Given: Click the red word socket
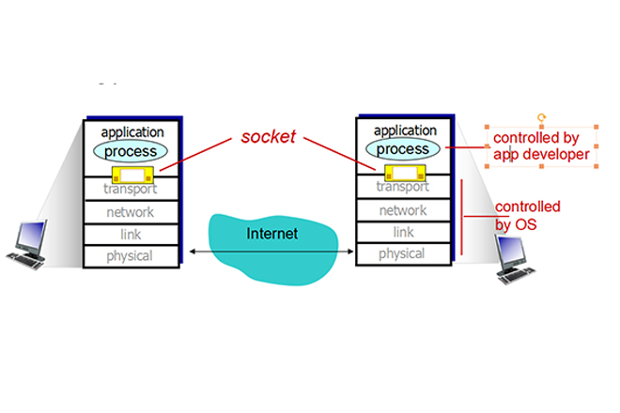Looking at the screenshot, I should pyautogui.click(x=268, y=137).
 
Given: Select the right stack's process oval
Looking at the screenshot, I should pyautogui.click(x=402, y=148).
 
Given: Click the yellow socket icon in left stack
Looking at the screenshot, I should pyautogui.click(x=131, y=175).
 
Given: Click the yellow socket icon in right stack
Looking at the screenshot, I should pyautogui.click(x=402, y=172).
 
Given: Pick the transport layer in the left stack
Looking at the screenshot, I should pyautogui.click(x=131, y=190).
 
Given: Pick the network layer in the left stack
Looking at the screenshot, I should pyautogui.click(x=131, y=212).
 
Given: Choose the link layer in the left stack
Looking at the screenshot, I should pyautogui.click(x=131, y=234).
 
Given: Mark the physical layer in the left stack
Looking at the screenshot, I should pyautogui.click(x=131, y=255).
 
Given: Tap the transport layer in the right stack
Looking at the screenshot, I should pyautogui.click(x=402, y=187).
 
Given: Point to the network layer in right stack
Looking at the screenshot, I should pyautogui.click(x=402, y=210).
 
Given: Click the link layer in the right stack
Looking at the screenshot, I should pyautogui.click(x=402, y=232).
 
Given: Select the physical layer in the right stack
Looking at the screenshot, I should pyautogui.click(x=402, y=253).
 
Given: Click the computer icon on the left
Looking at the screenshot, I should pyautogui.click(x=28, y=243).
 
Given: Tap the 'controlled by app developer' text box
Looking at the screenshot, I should pyautogui.click(x=542, y=146).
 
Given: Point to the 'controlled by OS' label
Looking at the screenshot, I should pyautogui.click(x=527, y=215).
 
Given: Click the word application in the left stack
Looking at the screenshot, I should pyautogui.click(x=132, y=132).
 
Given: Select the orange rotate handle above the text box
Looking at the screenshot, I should pyautogui.click(x=541, y=117).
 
